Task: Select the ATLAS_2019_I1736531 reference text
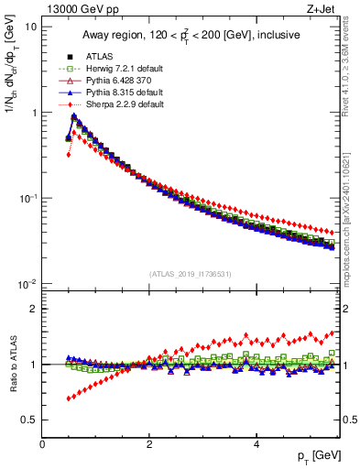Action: coord(191,273)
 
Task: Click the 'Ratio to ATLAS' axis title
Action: coord(12,365)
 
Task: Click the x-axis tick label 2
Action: coord(148,445)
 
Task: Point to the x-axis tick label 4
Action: coord(256,445)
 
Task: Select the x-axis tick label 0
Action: coord(42,445)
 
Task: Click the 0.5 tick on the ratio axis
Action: coord(29,420)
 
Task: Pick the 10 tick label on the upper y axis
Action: coord(29,27)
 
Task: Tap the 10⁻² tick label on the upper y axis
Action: coord(27,284)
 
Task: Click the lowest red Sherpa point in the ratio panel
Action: coord(69,398)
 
